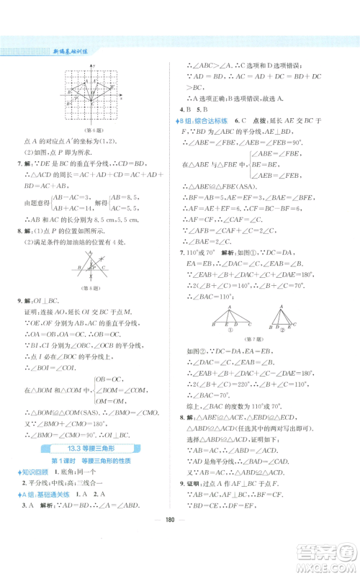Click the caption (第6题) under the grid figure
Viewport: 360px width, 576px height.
(x=90, y=130)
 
